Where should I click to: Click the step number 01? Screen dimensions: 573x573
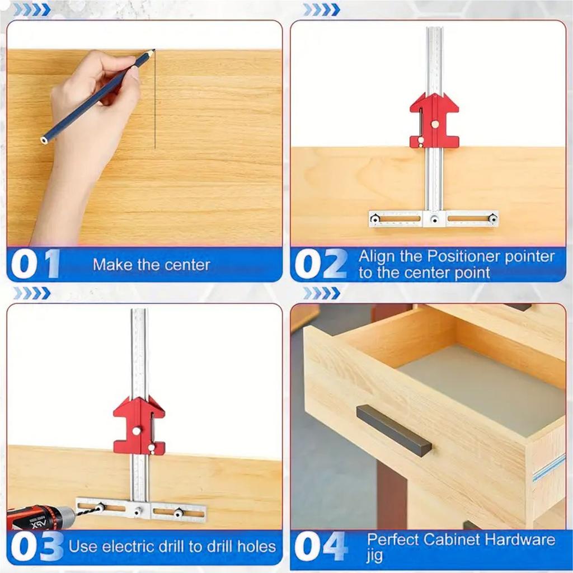pos(35,264)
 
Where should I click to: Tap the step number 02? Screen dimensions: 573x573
pos(321,264)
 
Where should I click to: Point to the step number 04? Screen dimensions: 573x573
pos(321,546)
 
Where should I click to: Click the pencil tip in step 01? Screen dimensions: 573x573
pos(153,50)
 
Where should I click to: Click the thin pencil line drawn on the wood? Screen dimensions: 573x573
pos(155,101)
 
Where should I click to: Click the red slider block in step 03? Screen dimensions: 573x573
pos(139,426)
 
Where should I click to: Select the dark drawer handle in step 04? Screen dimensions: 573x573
pos(394,430)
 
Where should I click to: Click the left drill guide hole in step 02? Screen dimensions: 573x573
pos(375,219)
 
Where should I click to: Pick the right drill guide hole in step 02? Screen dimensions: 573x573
pos(492,219)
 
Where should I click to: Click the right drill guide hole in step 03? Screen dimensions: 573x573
pos(179,513)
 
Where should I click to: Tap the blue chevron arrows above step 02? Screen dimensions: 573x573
pos(321,10)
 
